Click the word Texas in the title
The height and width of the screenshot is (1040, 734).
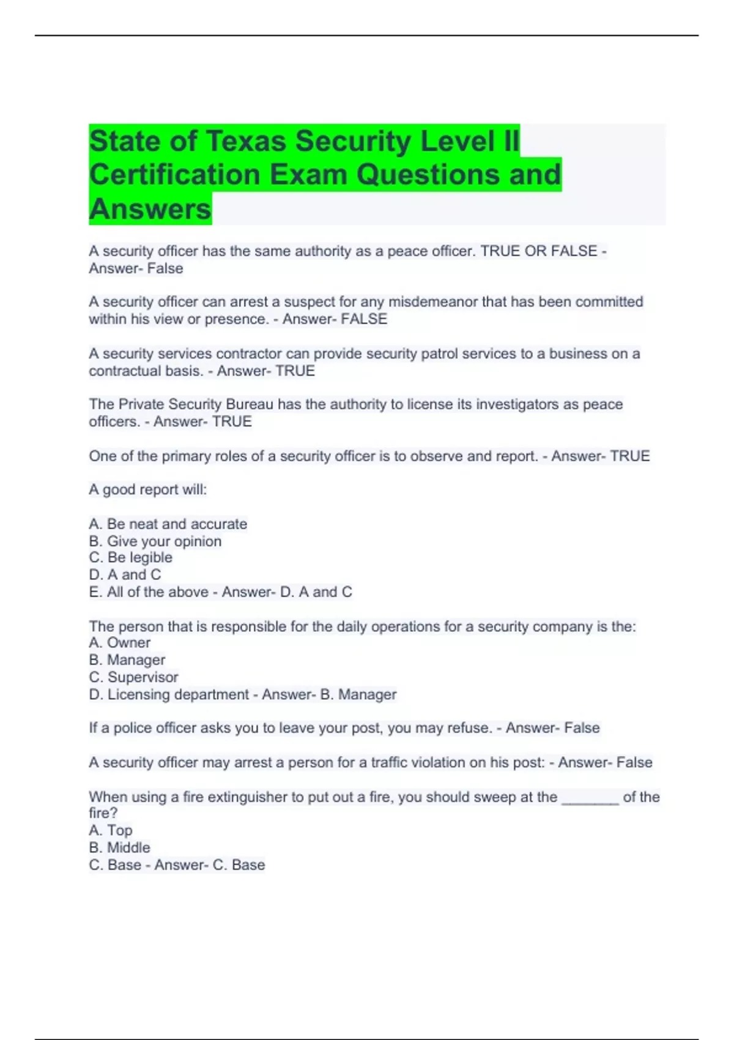tap(245, 141)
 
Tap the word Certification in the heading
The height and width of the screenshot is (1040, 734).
tap(175, 175)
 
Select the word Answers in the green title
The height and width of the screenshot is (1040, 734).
tap(150, 209)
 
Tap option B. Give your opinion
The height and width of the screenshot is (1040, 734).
tap(155, 541)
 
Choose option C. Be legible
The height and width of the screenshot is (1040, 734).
tap(131, 557)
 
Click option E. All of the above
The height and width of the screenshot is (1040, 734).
tap(149, 592)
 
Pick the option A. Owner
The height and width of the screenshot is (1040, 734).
tap(120, 643)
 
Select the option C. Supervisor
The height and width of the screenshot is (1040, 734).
tap(134, 677)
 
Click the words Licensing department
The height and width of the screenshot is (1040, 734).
tap(178, 695)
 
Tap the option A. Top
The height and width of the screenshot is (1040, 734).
tap(111, 830)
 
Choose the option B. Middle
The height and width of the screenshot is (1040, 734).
tap(120, 847)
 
